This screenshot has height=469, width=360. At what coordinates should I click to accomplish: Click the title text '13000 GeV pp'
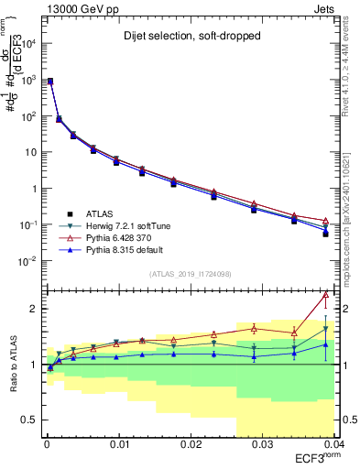pyautogui.click(x=75, y=8)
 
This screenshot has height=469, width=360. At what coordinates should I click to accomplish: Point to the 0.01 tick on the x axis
pyautogui.click(x=119, y=445)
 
